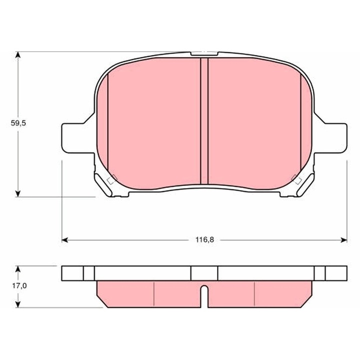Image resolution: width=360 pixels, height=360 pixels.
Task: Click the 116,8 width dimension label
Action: point(204,240)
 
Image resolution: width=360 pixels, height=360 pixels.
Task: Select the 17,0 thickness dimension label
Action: point(18,286)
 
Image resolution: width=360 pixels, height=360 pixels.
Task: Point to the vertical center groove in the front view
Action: point(203,120)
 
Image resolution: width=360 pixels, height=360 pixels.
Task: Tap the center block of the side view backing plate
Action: point(204,273)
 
